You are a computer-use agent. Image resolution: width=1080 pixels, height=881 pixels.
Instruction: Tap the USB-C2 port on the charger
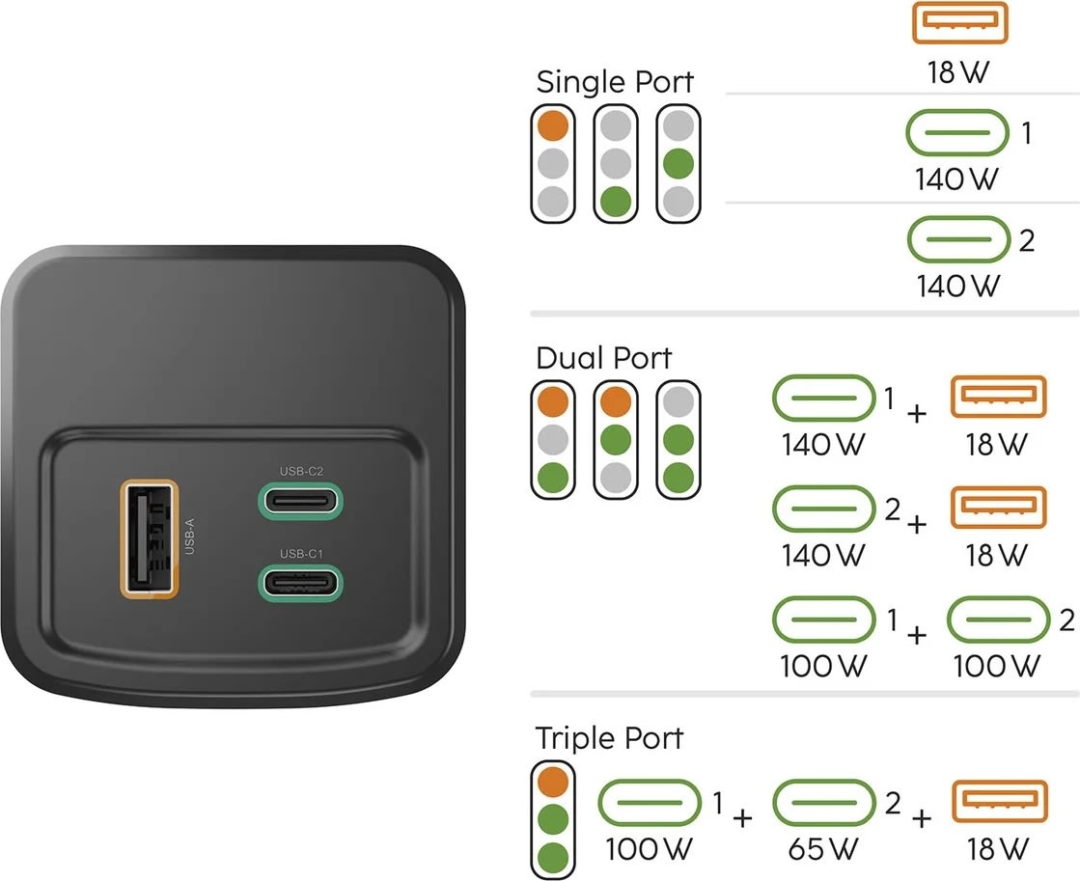coord(298,502)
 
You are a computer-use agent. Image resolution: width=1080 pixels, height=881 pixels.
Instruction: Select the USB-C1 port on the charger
coord(298,583)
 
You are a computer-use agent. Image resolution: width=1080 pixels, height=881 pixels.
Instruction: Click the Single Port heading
coord(614,82)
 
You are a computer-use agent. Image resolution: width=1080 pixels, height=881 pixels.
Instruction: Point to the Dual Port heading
coord(603,358)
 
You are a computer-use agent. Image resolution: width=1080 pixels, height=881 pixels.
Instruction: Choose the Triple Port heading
coord(609,738)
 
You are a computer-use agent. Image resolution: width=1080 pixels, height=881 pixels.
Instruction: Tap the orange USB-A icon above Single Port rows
coord(959,22)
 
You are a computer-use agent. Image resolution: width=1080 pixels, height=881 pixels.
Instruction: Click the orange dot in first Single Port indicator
coord(553,124)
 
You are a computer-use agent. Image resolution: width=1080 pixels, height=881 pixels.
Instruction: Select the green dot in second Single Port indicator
coord(616,201)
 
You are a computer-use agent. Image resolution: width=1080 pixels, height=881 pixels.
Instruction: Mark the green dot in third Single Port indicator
coord(678,162)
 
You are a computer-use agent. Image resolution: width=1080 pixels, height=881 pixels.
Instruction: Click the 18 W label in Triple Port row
coord(998,849)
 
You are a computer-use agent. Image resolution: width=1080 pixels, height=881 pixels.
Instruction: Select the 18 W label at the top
coord(959,72)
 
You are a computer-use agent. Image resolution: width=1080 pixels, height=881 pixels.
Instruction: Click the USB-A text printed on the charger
coord(190,537)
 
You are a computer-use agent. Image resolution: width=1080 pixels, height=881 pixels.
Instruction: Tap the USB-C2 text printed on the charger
coord(300,471)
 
